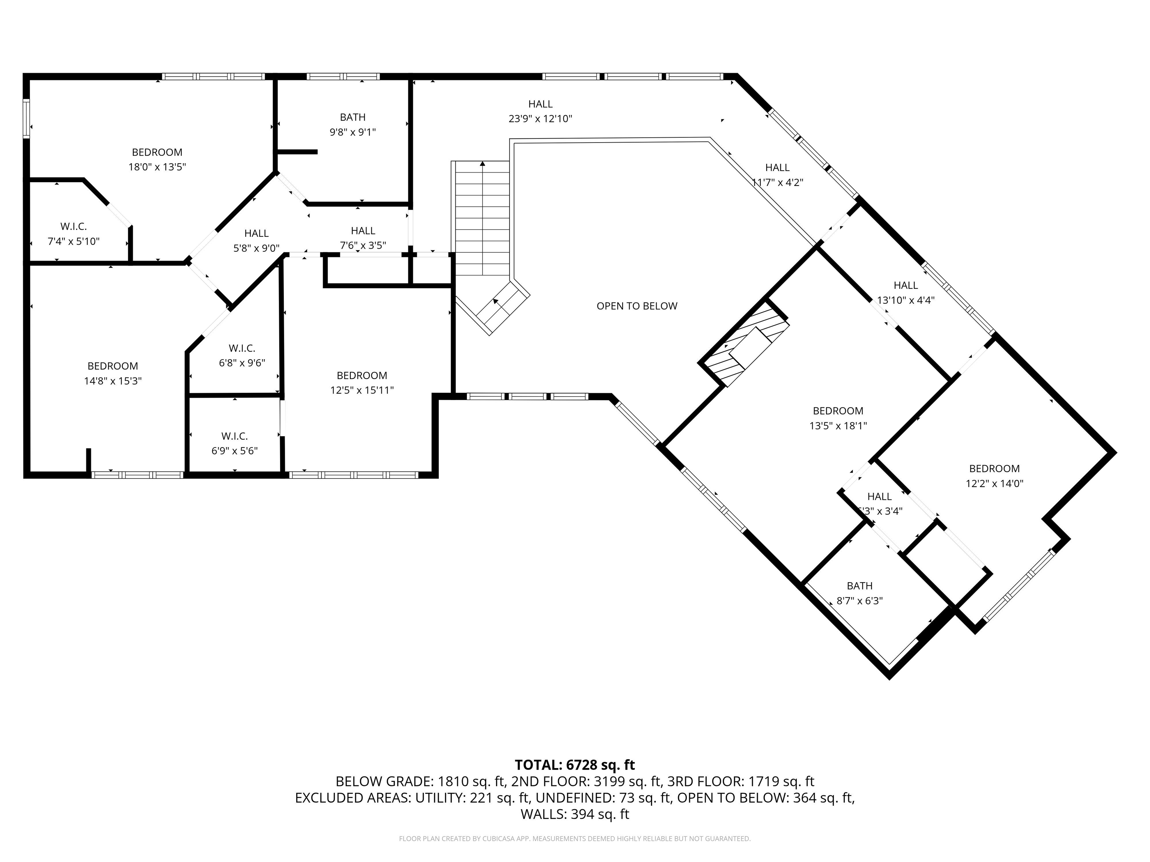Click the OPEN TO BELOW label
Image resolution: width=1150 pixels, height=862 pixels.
point(637,306)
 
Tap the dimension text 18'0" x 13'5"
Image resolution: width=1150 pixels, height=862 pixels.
point(157,167)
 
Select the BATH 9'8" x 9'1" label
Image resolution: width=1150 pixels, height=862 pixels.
point(353,125)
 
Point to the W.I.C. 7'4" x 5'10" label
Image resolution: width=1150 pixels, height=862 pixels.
point(73,234)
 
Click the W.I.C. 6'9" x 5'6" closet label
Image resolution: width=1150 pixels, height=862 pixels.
point(234,443)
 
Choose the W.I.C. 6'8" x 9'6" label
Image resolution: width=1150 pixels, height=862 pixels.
point(242,355)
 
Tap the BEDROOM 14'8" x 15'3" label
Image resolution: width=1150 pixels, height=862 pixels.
point(113,373)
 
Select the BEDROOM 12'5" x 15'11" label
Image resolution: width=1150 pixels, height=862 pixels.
point(362,382)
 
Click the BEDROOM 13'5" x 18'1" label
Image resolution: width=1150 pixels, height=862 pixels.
point(838,418)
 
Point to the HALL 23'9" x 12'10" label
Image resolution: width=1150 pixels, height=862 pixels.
point(540,111)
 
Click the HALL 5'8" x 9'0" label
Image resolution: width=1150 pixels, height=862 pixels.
point(256,241)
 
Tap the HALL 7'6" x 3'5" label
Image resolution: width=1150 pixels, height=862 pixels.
point(363,238)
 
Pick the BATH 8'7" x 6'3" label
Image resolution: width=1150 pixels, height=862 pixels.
point(860,593)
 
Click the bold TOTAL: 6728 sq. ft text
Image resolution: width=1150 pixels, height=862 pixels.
point(575,765)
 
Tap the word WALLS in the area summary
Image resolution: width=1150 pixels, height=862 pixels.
point(543,814)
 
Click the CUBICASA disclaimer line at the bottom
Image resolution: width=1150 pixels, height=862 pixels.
point(575,839)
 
